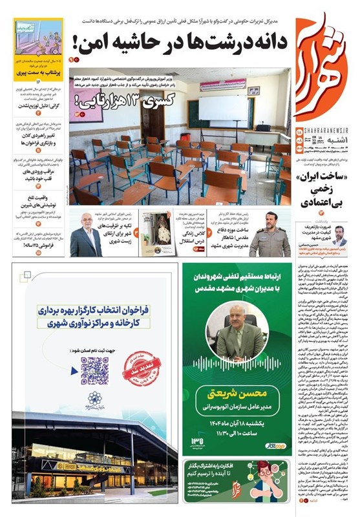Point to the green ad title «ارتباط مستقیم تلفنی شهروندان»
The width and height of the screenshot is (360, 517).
click(240, 277)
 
